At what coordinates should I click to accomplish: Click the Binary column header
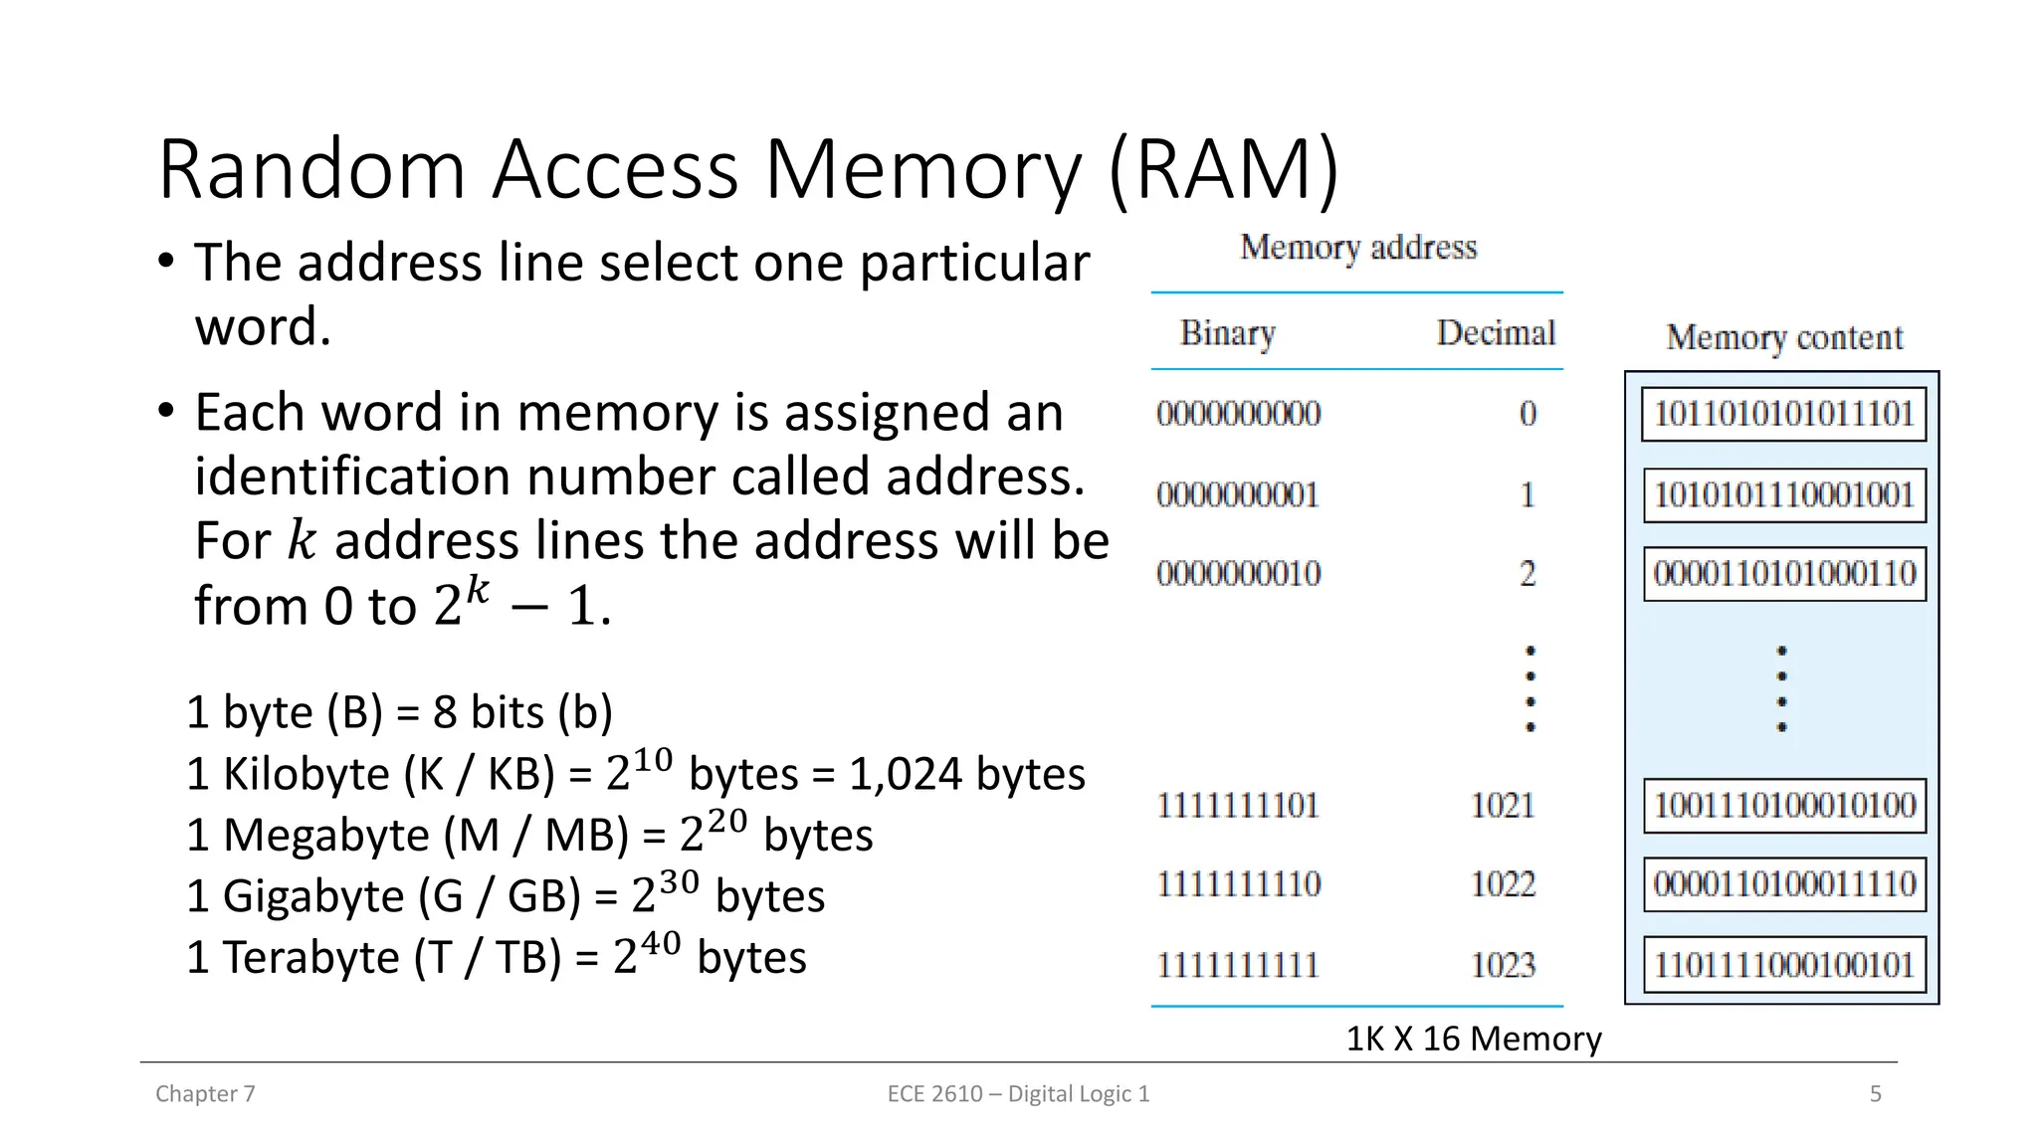pyautogui.click(x=1227, y=333)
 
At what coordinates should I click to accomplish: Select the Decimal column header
pyautogui.click(x=1495, y=333)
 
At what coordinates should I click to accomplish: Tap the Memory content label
pyautogui.click(x=1783, y=338)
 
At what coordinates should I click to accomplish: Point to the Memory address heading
pyautogui.click(x=1357, y=248)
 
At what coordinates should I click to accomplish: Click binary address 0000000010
pyautogui.click(x=1238, y=574)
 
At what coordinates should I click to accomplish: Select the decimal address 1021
pyautogui.click(x=1503, y=806)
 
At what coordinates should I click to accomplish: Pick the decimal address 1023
pyautogui.click(x=1503, y=965)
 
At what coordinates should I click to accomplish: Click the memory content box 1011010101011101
pyautogui.click(x=1783, y=414)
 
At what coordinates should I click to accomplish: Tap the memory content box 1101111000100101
pyautogui.click(x=1783, y=965)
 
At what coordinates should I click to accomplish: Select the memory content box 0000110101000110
pyautogui.click(x=1783, y=574)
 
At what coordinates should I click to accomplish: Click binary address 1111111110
pyautogui.click(x=1238, y=884)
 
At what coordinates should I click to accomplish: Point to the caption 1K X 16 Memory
pyautogui.click(x=1473, y=1039)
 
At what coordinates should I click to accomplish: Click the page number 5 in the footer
pyautogui.click(x=1875, y=1094)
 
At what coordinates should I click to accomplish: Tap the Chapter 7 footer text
pyautogui.click(x=205, y=1094)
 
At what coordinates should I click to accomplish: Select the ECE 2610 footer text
pyautogui.click(x=1018, y=1094)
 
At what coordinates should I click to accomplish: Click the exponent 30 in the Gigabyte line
pyautogui.click(x=679, y=882)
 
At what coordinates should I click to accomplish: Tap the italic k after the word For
pyautogui.click(x=301, y=540)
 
